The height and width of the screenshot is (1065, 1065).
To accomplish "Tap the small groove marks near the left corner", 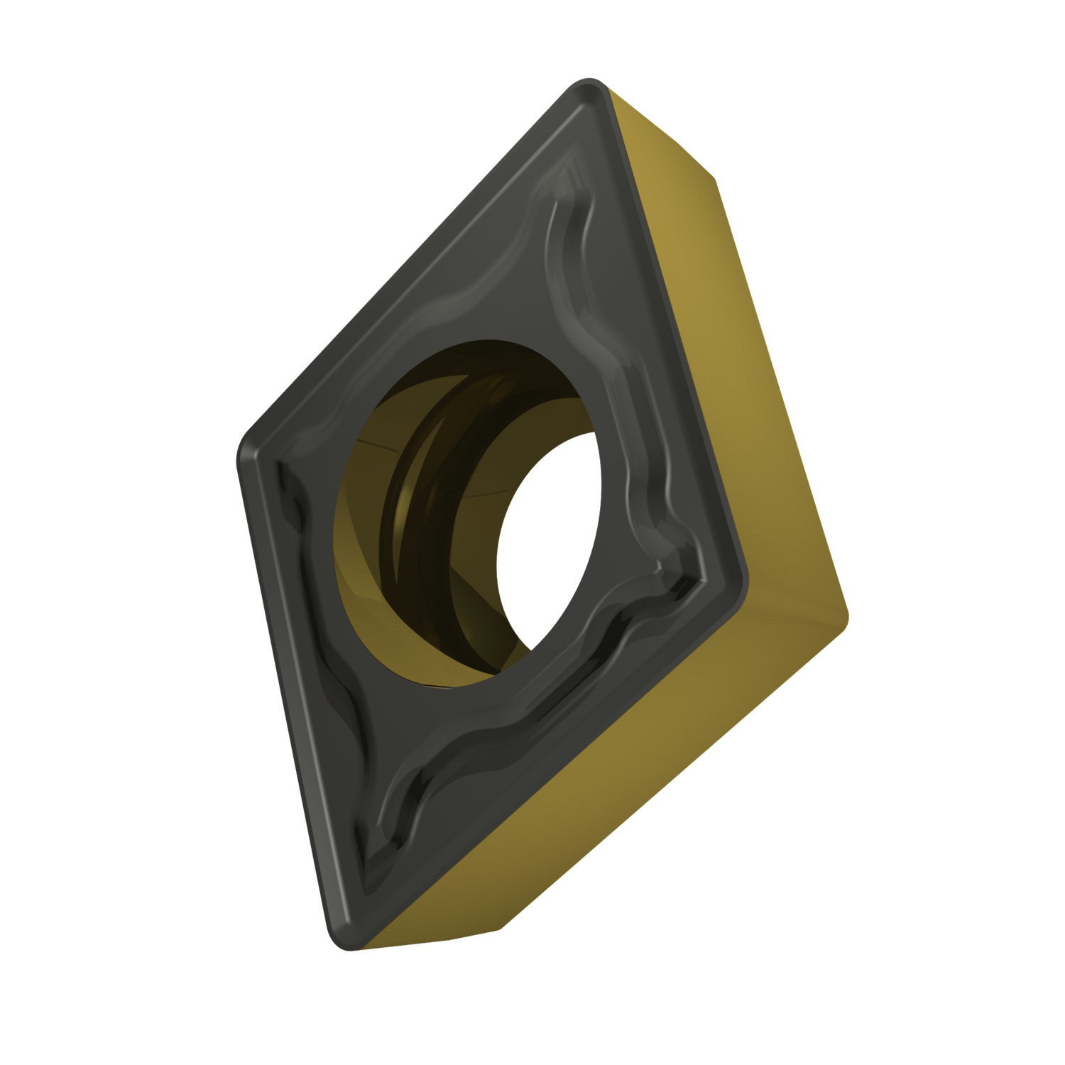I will click(291, 497).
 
